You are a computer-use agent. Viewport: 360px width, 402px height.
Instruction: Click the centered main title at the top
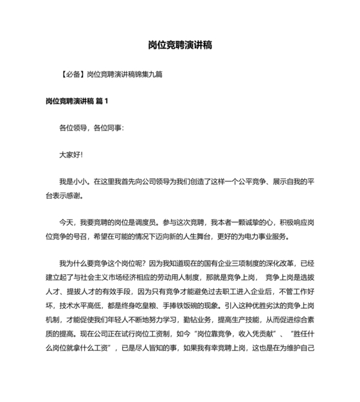tap(180, 46)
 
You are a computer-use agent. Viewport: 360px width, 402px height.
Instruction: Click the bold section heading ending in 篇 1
tap(77, 101)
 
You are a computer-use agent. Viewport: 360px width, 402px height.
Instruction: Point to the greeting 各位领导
tap(74, 128)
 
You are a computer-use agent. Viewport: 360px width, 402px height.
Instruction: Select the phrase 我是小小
tap(73, 182)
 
